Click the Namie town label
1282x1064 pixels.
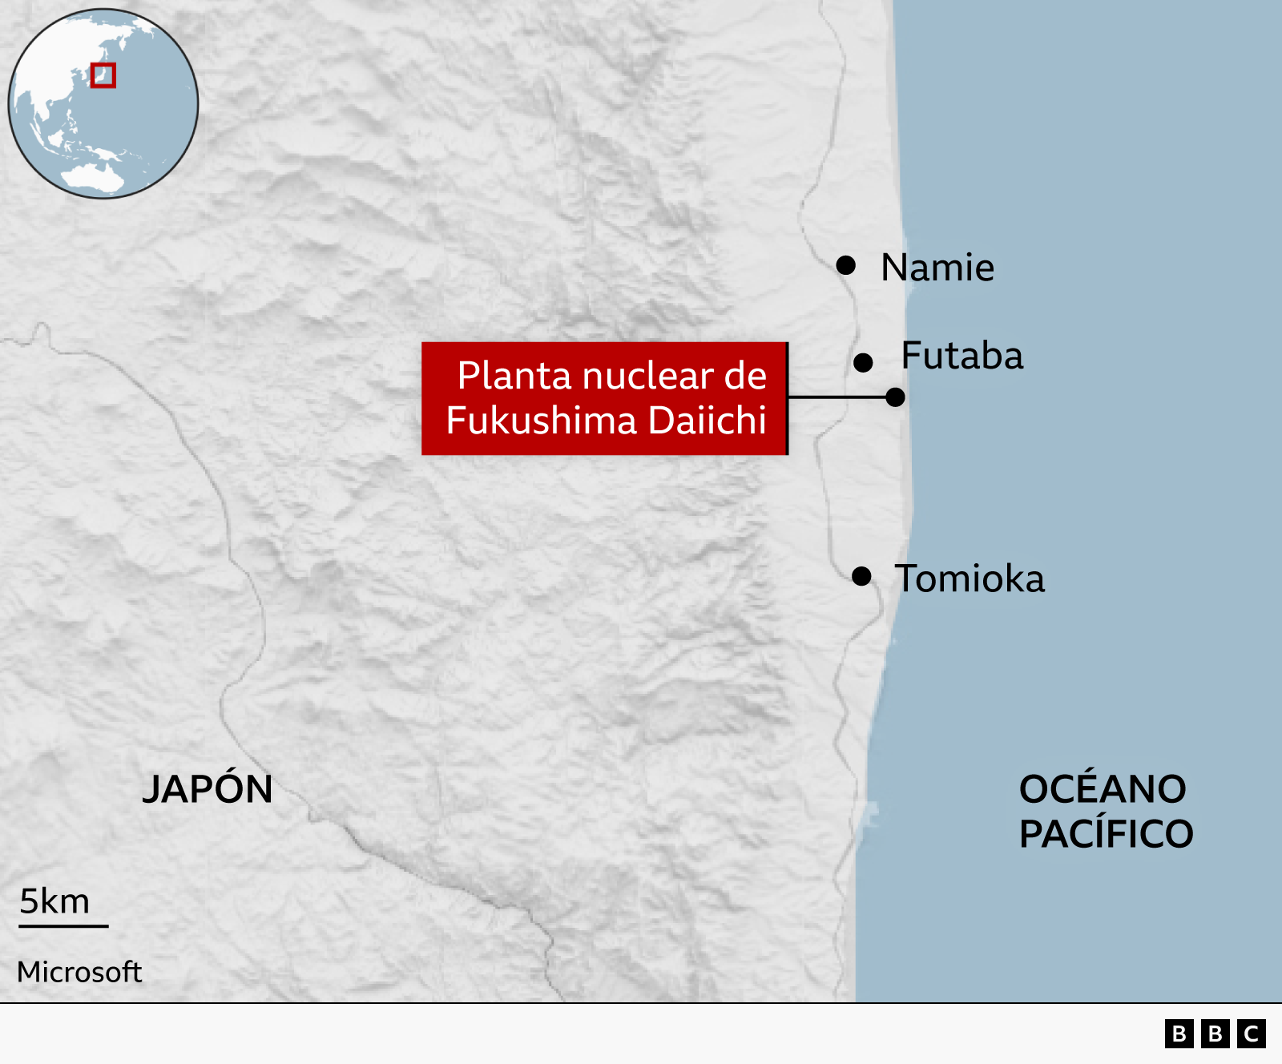coord(937,268)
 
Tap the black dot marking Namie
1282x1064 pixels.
coord(846,264)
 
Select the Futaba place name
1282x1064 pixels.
coord(961,356)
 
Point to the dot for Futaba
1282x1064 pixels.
coord(863,363)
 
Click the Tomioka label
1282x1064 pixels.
coord(970,578)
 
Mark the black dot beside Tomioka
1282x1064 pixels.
coord(861,576)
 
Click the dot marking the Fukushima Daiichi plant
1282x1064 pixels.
coord(896,397)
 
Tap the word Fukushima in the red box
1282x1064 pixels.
coord(542,421)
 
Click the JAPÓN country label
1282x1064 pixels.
coord(208,789)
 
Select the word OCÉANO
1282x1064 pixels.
coord(1103,789)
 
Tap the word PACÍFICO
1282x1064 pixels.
coord(1106,834)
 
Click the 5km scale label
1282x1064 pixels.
coord(54,901)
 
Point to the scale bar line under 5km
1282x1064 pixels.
coord(63,926)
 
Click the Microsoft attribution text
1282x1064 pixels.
coord(79,972)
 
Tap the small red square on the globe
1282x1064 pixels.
coord(103,75)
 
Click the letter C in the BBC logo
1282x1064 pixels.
coord(1251,1034)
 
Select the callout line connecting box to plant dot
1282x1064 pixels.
coord(837,397)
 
